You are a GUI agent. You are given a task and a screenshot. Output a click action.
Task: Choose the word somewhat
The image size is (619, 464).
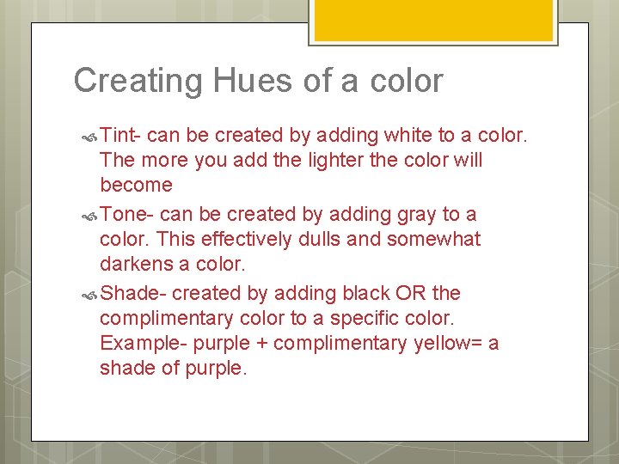point(433,239)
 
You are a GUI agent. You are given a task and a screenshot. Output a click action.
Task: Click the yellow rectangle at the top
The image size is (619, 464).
point(432,19)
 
